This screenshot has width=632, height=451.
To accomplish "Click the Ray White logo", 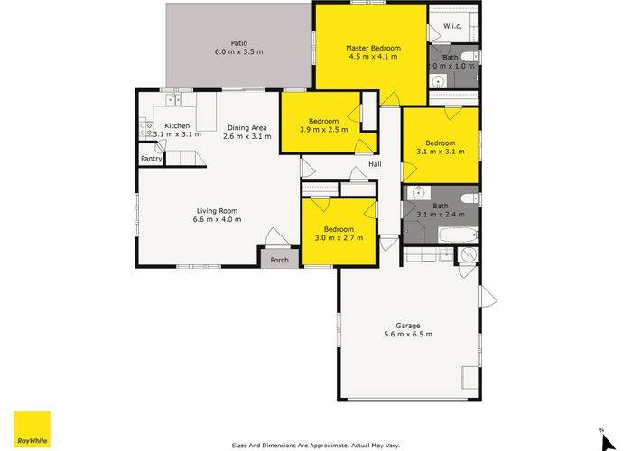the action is coord(33,429).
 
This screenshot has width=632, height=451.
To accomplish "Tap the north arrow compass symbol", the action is coord(608,441).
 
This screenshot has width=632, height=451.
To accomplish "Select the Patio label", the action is coord(239,43).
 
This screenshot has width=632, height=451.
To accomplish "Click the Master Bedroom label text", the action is coord(373,48).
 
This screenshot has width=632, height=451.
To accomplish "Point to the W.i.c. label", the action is coord(452,26).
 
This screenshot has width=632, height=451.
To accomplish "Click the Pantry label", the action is coord(151,159).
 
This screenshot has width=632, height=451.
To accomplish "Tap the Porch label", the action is coord(279,260).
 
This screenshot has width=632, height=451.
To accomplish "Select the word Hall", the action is coord(375,164).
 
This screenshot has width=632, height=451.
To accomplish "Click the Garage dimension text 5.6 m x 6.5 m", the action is coord(408,335).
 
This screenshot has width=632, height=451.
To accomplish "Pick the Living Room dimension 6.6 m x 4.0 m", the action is coord(218,219).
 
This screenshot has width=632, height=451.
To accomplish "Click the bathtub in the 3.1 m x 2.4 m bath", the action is coord(458,235).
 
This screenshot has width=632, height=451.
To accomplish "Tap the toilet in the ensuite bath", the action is coord(469,56).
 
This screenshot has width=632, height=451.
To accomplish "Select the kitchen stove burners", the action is coord(146,129).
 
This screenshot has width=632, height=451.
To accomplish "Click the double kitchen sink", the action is coord(174,99).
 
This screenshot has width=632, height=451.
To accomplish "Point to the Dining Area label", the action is coord(247,128).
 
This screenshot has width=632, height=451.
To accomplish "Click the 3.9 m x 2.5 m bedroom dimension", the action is coord(323,130).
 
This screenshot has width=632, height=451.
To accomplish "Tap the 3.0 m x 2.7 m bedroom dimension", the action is coord(339,238).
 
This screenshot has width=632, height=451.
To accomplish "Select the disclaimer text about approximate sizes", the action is coord(316,446).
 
